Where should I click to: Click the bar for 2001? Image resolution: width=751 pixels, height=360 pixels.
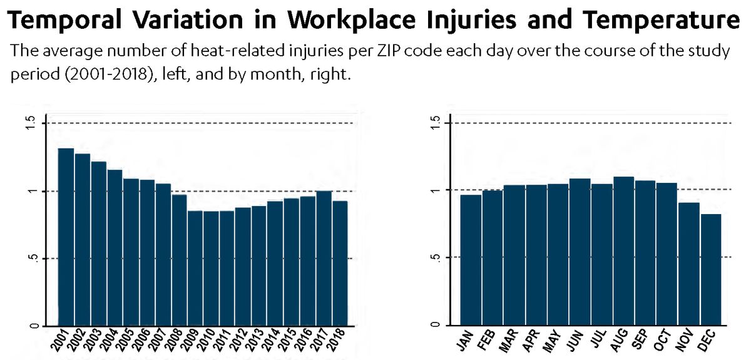[x=66, y=237]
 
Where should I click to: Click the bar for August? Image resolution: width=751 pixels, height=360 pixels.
[x=623, y=251]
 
